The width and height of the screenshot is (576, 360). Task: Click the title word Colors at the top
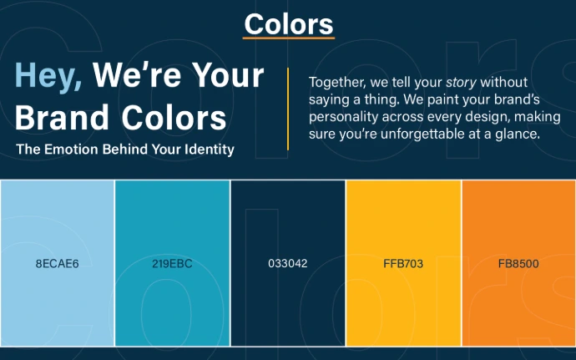tap(289, 24)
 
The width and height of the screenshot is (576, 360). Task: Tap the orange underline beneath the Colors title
tap(289, 38)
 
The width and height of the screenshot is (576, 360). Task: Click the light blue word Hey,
tap(48, 77)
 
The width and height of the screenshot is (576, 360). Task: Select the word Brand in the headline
tap(62, 117)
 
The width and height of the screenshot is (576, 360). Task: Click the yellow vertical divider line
tap(288, 109)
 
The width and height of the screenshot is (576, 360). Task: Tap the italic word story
tap(461, 83)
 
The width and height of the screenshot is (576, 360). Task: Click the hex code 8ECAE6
tap(58, 264)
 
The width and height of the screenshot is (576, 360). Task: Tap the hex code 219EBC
tap(172, 264)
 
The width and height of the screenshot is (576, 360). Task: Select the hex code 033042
tap(288, 264)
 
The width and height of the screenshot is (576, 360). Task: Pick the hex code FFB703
tap(403, 264)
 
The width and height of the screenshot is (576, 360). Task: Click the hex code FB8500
tap(518, 264)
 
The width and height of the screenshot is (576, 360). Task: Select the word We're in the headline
tap(138, 75)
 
